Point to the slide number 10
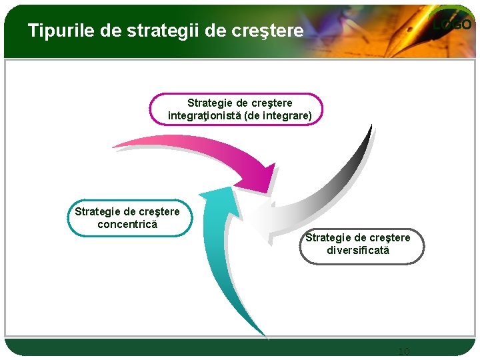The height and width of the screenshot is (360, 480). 403,351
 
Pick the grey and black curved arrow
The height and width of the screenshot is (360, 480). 333,193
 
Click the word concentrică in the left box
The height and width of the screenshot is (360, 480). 127,225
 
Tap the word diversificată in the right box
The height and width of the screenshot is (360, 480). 358,251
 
